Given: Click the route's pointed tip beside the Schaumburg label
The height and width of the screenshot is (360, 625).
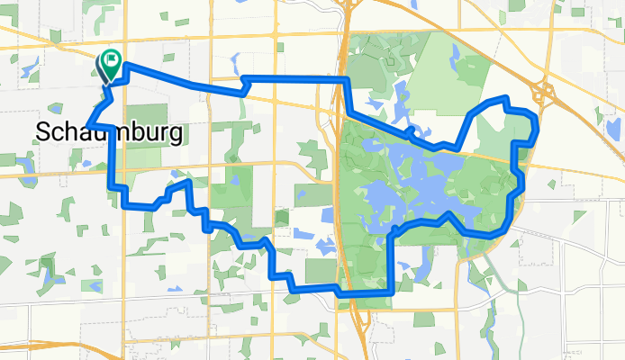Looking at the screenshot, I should tap(86, 126).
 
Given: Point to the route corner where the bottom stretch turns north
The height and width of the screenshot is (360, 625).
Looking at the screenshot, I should tap(392, 292).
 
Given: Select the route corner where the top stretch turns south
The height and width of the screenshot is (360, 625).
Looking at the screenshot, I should tap(344, 80).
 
